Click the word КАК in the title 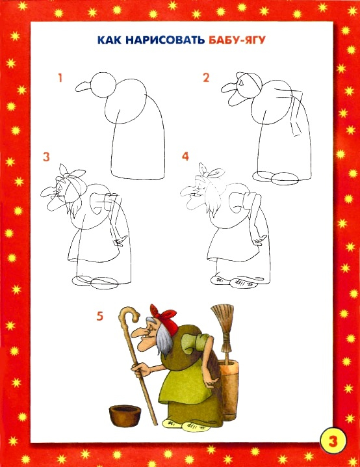109,40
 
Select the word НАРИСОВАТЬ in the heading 165,40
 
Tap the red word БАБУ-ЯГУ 237,40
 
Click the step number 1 60,78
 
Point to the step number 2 206,78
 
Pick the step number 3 46,157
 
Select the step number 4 186,156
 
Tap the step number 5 99,316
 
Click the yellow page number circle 333,440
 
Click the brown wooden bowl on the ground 124,414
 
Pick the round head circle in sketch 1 103,85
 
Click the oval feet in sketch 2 276,177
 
